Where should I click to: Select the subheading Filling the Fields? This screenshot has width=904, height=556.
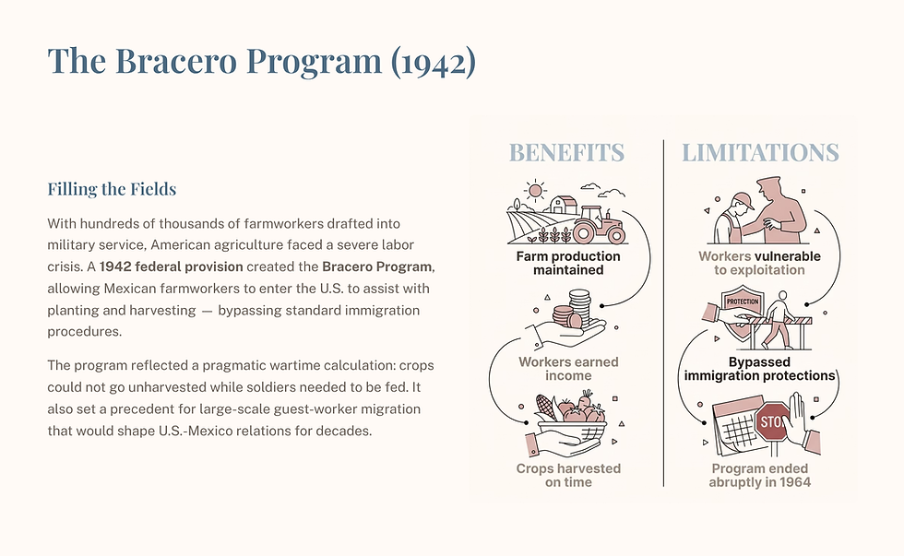[x=112, y=189]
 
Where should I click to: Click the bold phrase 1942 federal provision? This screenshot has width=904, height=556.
[x=184, y=266]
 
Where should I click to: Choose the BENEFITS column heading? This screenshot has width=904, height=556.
[x=566, y=152]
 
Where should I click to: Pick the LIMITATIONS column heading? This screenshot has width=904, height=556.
[x=760, y=152]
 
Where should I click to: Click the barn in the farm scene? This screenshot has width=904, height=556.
[x=563, y=205]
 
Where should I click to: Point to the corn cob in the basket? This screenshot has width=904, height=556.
[x=545, y=407]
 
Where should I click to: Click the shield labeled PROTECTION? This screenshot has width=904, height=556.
[x=743, y=307]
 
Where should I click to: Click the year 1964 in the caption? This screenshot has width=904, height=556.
[x=795, y=481]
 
